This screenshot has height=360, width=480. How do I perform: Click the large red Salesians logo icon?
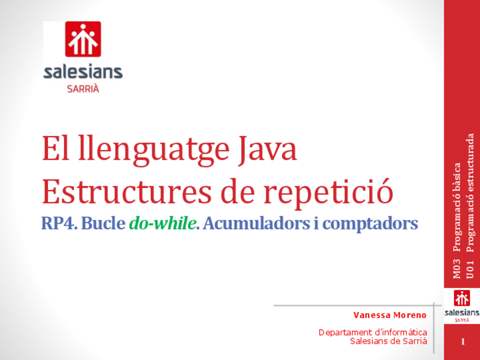tap(83, 39)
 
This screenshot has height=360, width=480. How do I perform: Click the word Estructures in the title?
tap(126, 192)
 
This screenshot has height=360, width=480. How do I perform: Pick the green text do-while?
tap(162, 223)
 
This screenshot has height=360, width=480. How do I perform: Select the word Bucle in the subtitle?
tap(103, 223)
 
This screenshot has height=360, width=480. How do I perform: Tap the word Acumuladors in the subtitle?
tap(256, 223)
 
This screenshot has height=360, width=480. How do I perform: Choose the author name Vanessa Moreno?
tap(390, 315)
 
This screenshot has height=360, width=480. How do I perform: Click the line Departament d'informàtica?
tap(373, 332)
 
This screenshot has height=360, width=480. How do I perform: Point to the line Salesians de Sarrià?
tap(388, 341)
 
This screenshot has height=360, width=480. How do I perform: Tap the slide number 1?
tap(462, 342)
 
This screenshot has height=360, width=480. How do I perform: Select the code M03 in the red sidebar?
tap(456, 269)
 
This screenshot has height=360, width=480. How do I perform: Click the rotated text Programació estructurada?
tap(470, 192)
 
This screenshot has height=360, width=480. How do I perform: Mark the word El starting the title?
tap(55, 149)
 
